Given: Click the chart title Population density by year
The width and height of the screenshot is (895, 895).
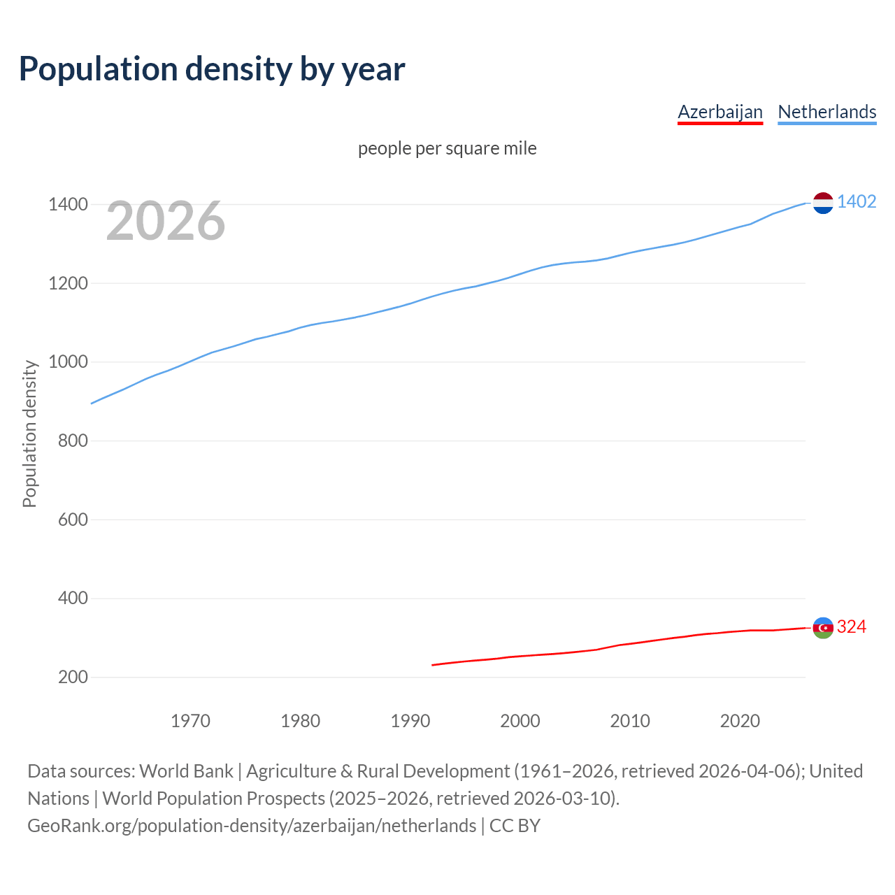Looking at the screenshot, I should point(212,69).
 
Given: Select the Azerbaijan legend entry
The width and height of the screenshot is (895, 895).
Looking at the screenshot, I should point(719,112).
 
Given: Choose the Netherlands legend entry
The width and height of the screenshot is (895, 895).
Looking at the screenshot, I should point(826,112).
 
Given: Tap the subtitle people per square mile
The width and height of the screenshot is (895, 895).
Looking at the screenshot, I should point(447,148).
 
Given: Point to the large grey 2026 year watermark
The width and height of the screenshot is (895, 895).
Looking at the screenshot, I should point(166,221).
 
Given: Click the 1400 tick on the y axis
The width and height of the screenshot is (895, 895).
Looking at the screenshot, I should point(68,205).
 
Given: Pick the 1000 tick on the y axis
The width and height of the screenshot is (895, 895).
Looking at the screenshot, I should point(68,362).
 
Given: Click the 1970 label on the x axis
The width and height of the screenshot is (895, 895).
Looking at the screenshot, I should point(190,721).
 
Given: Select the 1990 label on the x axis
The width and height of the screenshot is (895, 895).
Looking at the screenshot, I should point(410,721).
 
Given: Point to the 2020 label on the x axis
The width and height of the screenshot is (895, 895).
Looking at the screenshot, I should point(740,721).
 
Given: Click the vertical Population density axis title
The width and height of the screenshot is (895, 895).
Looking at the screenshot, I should point(29,434).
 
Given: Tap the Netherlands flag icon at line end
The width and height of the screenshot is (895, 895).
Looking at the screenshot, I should point(823,203).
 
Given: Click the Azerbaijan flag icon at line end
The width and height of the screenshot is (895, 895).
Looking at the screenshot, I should point(823,628).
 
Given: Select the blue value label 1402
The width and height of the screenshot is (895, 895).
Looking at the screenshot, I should point(856,201).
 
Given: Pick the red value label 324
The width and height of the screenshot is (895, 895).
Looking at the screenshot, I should point(851,626).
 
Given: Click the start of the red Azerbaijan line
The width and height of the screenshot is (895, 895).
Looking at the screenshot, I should point(433,665).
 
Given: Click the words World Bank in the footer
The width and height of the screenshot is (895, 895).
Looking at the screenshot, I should point(186,771).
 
